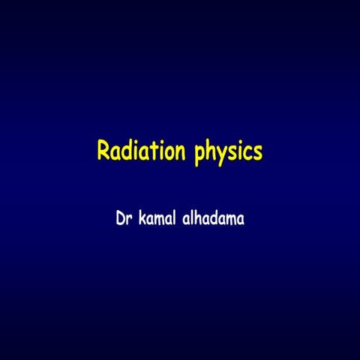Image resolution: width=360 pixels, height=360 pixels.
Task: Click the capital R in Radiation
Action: (104, 151)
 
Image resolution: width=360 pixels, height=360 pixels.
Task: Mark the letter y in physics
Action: (223, 155)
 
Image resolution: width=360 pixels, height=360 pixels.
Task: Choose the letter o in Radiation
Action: (169, 153)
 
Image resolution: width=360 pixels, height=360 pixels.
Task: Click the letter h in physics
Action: (211, 151)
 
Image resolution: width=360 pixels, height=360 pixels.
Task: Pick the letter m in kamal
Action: (160, 223)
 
